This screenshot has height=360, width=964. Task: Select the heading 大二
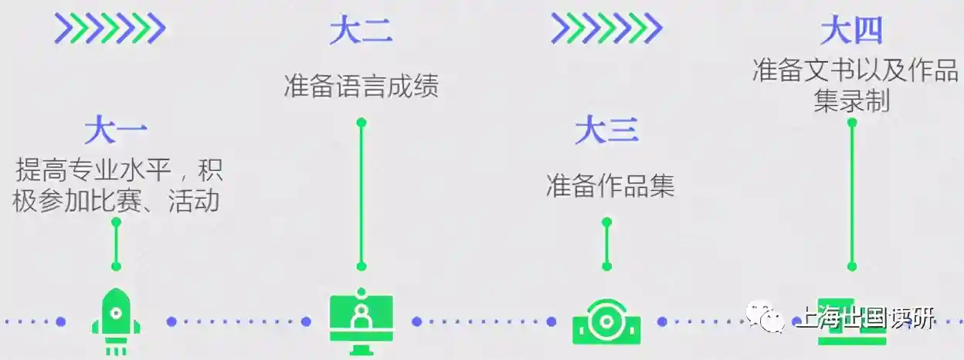tap(361, 31)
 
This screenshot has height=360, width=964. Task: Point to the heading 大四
tap(851, 31)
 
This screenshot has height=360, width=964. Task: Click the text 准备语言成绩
tap(361, 86)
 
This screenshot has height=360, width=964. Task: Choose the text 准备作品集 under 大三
tap(609, 185)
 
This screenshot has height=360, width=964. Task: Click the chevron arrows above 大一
tap(109, 29)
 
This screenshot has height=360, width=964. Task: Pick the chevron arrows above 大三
tap(606, 29)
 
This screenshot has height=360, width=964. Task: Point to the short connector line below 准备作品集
tap(606, 244)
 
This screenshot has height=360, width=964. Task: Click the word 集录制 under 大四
tap(851, 101)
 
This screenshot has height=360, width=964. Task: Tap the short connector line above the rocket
tap(116, 244)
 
